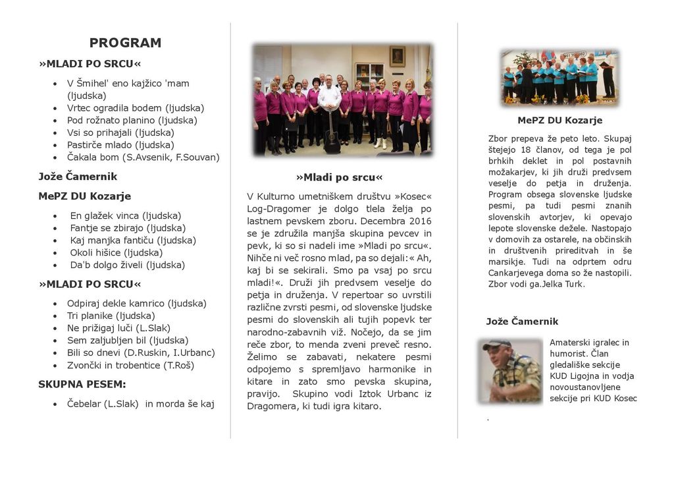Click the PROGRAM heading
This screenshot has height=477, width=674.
tap(125, 43)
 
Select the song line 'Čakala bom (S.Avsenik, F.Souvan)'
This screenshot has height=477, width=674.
tap(143, 157)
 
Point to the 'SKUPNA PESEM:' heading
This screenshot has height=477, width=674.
tap(82, 384)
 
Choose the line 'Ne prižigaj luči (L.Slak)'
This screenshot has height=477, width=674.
tap(118, 328)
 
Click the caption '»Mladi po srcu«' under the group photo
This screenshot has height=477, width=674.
tap(339, 177)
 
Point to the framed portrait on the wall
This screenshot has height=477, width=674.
tap(397, 56)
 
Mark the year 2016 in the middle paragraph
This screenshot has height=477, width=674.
tap(419, 221)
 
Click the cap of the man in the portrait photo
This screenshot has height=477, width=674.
tap(497, 344)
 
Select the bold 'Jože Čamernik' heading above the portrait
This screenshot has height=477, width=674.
tap(522, 322)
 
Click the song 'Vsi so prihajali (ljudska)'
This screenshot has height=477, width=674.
tap(120, 132)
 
